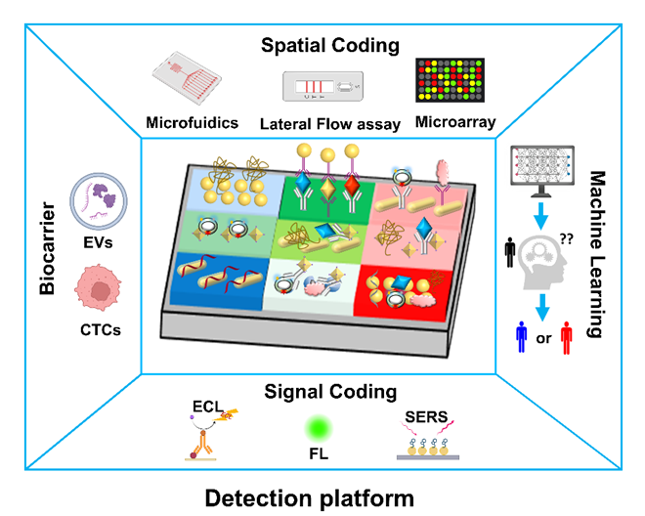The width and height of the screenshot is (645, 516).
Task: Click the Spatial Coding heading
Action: pyautogui.click(x=322, y=45)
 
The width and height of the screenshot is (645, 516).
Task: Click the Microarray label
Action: pyautogui.click(x=454, y=123)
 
